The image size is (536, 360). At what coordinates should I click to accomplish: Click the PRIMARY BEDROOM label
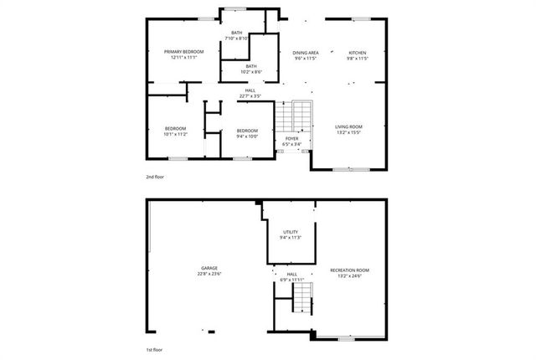[x=183, y=52]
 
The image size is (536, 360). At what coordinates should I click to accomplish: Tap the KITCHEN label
[x=358, y=52]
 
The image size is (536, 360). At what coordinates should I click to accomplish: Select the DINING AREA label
[x=305, y=52]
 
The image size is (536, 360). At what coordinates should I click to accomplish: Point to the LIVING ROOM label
[x=348, y=126]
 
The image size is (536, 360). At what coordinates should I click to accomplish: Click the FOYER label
[x=291, y=138]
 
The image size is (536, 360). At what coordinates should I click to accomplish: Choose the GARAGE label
[x=209, y=268]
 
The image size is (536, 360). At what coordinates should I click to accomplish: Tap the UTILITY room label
[x=291, y=231]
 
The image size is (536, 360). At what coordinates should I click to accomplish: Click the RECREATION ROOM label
[x=349, y=270]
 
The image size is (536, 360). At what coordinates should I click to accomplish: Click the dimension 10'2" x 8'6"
[x=251, y=72]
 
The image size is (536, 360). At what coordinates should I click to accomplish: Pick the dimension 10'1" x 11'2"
[x=175, y=134]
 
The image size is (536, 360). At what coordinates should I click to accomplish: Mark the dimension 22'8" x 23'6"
[x=209, y=275]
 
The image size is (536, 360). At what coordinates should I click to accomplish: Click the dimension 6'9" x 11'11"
[x=292, y=280]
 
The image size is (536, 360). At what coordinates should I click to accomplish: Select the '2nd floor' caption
[x=155, y=177]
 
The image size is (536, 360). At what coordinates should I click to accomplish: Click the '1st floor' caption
[x=155, y=349]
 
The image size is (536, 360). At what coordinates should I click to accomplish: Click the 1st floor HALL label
[x=292, y=274]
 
